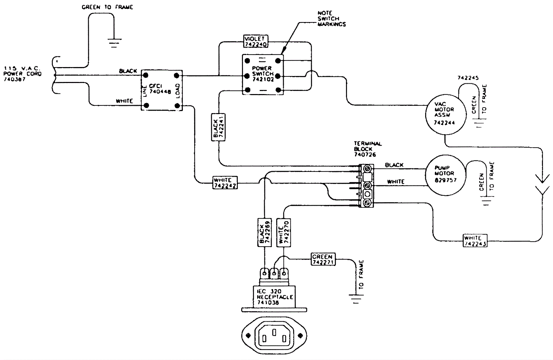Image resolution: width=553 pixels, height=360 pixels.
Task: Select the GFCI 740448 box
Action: point(161,90)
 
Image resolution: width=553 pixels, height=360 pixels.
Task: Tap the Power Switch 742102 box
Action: point(263,74)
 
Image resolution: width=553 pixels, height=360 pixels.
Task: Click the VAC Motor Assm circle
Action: point(445,113)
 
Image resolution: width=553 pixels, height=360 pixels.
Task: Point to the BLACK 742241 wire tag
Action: point(218,127)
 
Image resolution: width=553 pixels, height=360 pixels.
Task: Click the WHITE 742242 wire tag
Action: point(225,183)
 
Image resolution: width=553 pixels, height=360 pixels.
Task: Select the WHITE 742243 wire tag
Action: point(475,241)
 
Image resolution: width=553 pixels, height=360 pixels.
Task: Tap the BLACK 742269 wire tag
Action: point(264,232)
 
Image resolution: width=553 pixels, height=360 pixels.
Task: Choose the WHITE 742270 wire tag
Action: point(283,232)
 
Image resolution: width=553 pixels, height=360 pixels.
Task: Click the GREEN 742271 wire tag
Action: point(323,259)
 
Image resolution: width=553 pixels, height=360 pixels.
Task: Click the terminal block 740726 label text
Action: point(367,149)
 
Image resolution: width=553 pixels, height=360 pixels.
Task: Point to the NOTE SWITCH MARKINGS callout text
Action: point(331,19)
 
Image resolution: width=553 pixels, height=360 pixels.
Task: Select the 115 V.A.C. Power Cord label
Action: point(22,74)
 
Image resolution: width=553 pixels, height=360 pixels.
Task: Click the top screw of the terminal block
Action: point(368,169)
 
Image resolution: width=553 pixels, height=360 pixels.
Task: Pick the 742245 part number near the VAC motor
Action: point(468,78)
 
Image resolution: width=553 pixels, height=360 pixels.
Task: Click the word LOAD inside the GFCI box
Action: point(178,91)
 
